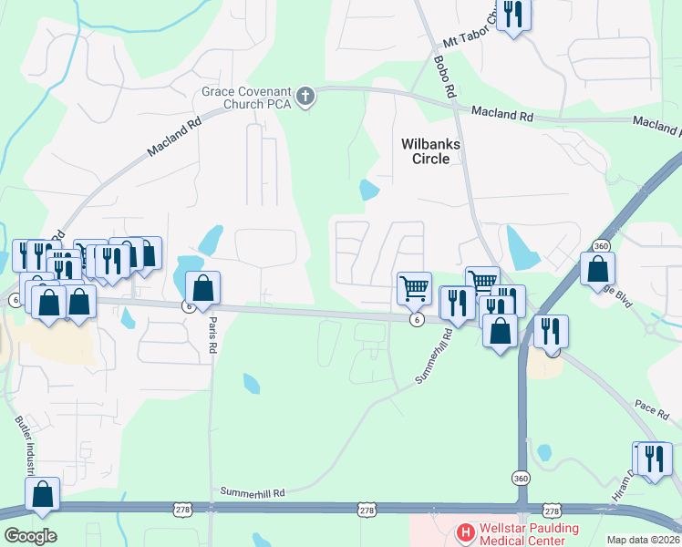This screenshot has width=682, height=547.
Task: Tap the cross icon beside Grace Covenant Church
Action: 305,95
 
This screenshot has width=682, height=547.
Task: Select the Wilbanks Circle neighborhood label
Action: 431,151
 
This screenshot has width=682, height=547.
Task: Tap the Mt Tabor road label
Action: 470,29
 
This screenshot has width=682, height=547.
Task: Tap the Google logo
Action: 29,536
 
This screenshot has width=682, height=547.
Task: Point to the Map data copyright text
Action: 644,540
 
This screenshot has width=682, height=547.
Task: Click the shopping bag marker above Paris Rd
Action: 203,288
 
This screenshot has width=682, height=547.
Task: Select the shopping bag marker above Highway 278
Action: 43,494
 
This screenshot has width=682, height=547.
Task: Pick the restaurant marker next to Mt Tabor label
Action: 513,15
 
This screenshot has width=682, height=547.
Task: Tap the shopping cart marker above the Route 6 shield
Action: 414,288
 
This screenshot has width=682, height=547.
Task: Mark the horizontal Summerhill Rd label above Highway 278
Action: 253,492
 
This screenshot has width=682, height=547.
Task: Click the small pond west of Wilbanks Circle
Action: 369,191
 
